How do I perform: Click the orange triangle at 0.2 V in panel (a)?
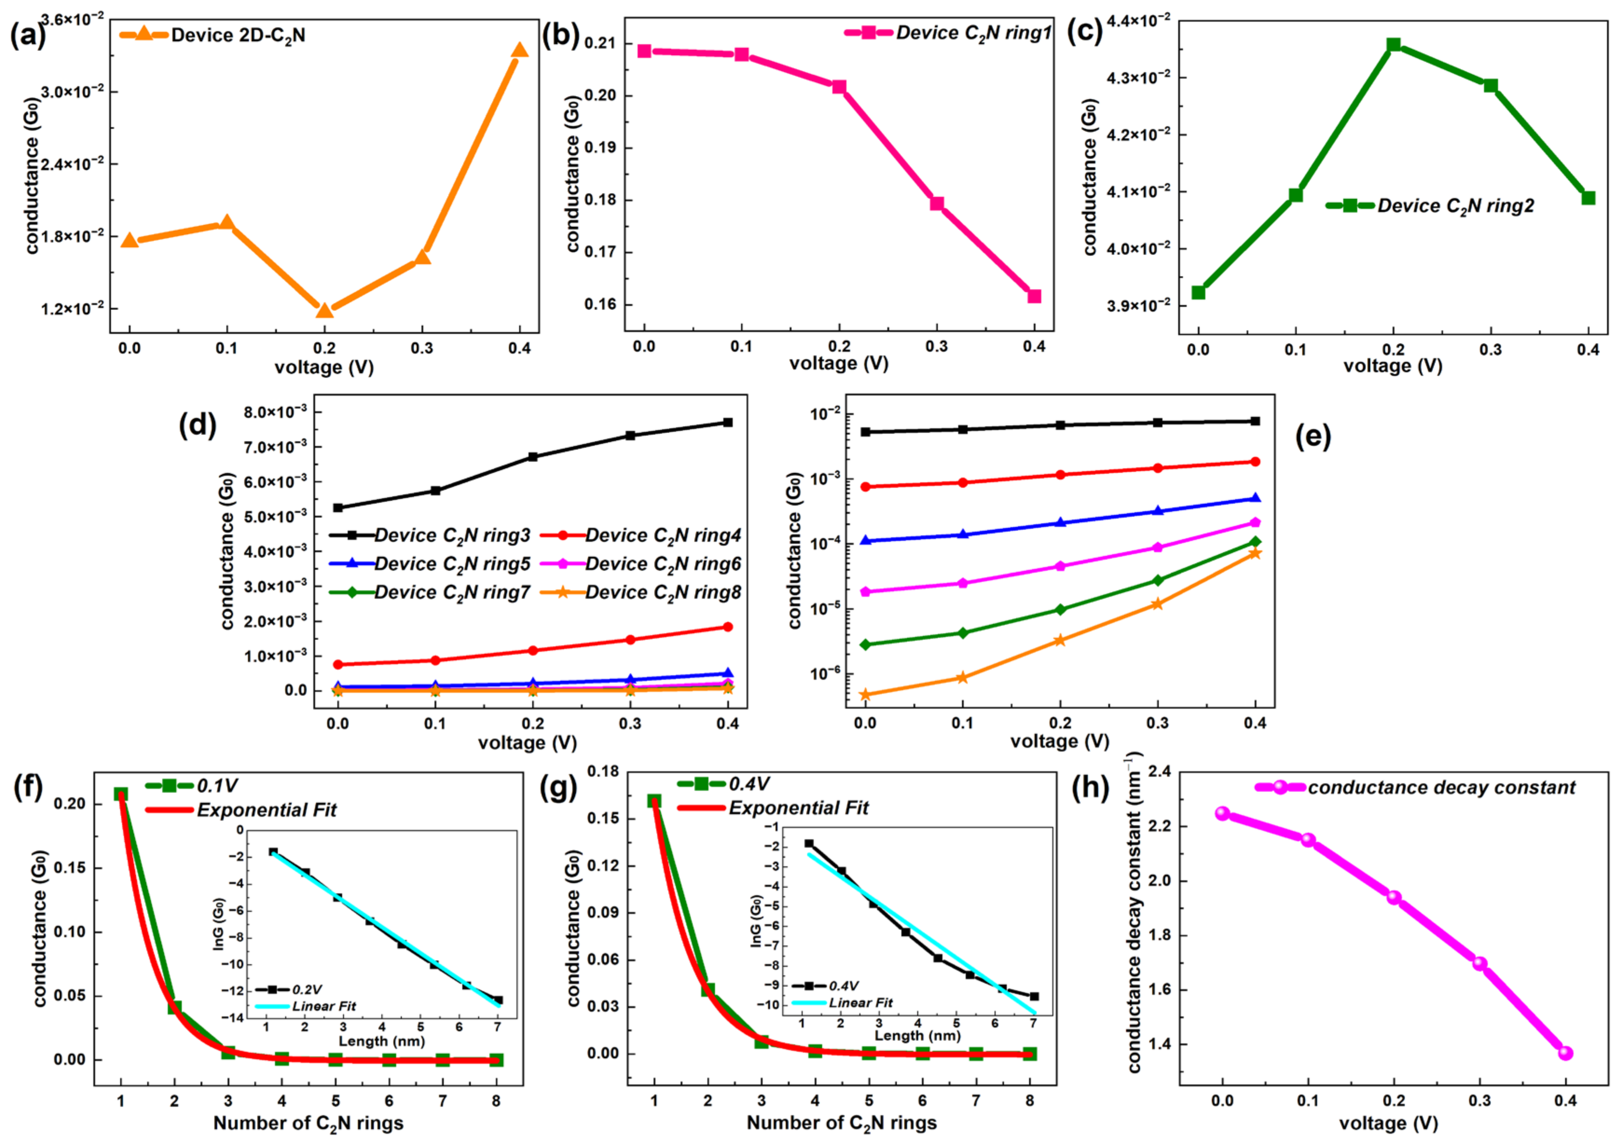[x=324, y=311]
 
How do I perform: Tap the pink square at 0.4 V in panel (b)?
[x=1034, y=296]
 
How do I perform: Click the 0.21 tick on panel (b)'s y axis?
[x=600, y=44]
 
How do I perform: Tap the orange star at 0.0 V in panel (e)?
[x=865, y=695]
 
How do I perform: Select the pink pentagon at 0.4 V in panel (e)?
[x=1255, y=522]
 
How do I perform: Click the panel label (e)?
[x=1313, y=437]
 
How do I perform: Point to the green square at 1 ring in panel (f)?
[x=121, y=794]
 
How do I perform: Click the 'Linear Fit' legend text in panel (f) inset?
[x=324, y=1006]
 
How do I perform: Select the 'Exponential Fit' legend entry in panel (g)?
[x=798, y=808]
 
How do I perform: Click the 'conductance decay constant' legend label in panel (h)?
[x=1441, y=787]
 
